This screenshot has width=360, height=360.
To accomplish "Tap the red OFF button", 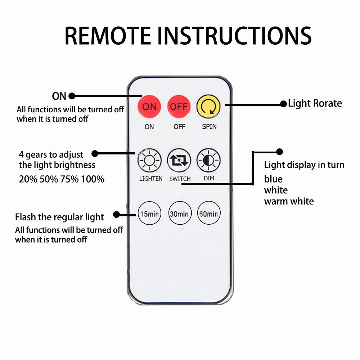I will pos(179,107).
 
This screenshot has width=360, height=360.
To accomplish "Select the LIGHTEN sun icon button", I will pos(149,161).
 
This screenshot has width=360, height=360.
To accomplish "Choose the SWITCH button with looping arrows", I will pos(179,161).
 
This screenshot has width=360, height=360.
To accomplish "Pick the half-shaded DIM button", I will pos(208,161).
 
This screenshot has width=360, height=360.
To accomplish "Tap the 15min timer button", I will pos(149,213).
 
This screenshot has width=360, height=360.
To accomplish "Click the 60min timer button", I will pos(208,213).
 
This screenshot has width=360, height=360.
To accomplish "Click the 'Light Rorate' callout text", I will pos(315,104).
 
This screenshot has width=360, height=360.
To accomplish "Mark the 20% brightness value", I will pos(28,179).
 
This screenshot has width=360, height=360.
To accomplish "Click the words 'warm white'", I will pos(289,201).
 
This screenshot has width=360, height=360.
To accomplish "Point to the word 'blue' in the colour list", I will pos(273,179).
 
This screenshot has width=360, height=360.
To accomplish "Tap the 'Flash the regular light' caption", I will pos(59,217).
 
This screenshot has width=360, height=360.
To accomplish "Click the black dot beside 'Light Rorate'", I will pos(284,104).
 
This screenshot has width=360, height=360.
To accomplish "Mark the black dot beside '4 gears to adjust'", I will pos(95,154).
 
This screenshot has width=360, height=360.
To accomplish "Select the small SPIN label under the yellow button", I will pos(209,127).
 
